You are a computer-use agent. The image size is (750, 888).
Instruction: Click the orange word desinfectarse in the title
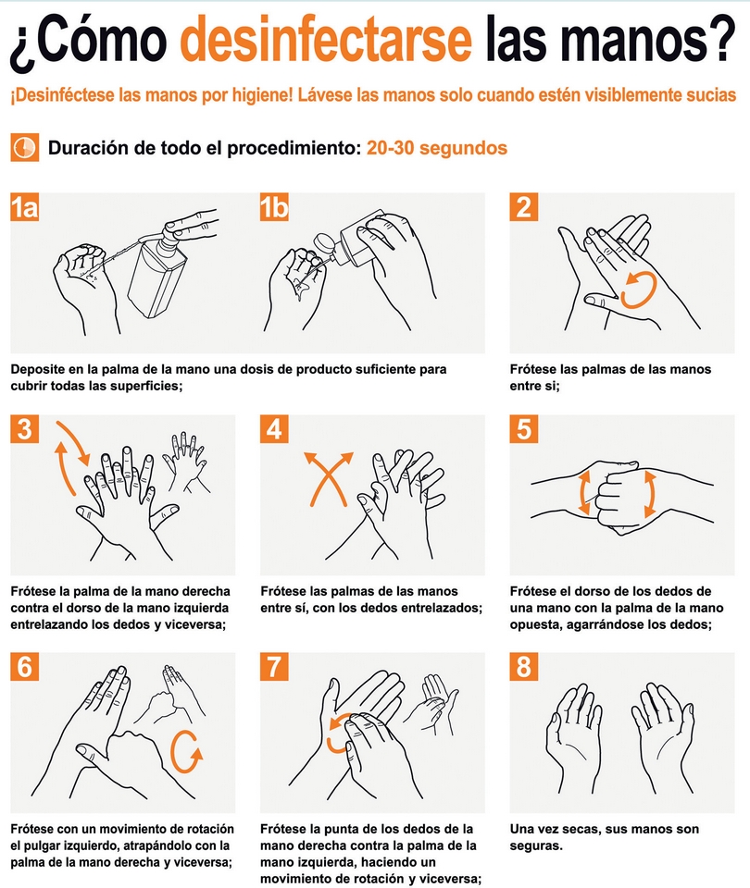click(326, 39)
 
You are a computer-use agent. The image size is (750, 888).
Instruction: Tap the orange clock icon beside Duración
click(24, 147)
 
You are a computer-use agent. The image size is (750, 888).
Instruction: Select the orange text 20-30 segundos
click(436, 148)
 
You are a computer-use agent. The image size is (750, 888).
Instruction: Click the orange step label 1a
click(24, 206)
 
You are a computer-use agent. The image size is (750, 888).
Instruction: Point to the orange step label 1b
click(274, 206)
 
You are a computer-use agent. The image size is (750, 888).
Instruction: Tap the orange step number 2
click(524, 206)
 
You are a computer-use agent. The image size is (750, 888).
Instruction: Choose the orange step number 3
click(24, 428)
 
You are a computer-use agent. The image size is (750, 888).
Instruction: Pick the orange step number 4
click(274, 428)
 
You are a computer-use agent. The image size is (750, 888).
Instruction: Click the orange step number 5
click(524, 428)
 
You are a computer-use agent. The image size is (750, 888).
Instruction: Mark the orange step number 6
click(24, 667)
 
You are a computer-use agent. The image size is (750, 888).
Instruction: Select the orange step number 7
click(274, 667)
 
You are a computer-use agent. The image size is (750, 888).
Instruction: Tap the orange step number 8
click(524, 667)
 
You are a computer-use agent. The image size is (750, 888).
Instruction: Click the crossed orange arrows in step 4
click(329, 478)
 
